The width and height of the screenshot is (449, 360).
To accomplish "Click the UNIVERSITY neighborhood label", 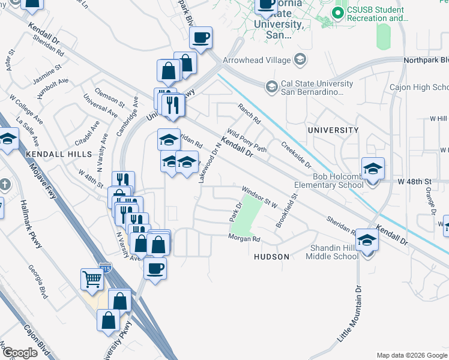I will coord(333,130).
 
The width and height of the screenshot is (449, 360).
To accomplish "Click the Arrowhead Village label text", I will coord(256,59).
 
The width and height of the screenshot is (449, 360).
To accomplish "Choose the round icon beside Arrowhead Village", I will coord(300,59).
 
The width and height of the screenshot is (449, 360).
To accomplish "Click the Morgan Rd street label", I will coord(244,239).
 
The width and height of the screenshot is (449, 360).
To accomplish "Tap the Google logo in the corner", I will coord(20,353).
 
